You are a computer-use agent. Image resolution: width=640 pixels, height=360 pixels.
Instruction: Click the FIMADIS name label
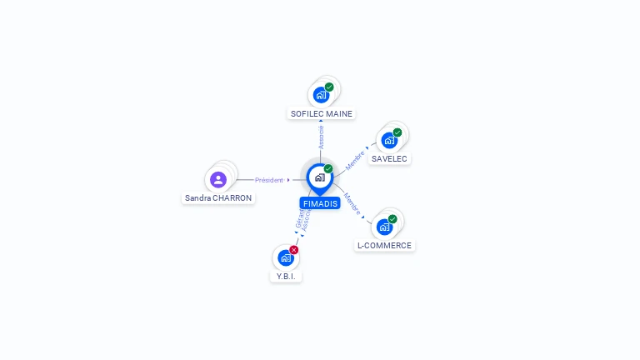[x=320, y=203]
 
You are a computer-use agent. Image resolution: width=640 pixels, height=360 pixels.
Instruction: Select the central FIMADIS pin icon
[x=319, y=177]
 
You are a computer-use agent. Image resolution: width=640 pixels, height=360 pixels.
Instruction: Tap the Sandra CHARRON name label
[x=218, y=198]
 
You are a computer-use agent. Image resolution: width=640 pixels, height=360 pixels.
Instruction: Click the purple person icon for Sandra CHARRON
[x=218, y=179]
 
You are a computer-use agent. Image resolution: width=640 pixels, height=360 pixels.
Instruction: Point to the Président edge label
[x=269, y=180]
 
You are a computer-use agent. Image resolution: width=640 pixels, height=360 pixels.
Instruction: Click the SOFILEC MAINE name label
[x=322, y=113]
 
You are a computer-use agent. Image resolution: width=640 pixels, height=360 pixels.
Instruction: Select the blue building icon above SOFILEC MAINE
[x=321, y=95]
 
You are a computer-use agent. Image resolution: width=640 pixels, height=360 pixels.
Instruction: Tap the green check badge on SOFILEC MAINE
[x=329, y=87]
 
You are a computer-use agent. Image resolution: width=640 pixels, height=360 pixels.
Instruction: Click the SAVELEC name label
[x=390, y=158]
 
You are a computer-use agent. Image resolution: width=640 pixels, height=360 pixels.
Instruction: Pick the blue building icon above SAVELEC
[x=389, y=140]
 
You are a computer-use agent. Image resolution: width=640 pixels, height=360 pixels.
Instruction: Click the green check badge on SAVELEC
[x=397, y=132]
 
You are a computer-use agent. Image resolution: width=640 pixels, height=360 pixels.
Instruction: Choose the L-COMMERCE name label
[x=384, y=246]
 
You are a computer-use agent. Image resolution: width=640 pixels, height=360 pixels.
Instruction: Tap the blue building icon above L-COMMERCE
[x=384, y=227]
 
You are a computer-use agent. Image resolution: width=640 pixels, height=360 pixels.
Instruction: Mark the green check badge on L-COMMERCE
[x=392, y=219]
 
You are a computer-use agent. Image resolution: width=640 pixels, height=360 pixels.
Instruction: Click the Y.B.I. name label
[x=286, y=276]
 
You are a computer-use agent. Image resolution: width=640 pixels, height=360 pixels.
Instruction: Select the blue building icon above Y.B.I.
[x=286, y=257]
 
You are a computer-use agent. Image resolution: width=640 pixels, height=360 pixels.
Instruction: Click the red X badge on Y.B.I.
[x=294, y=250]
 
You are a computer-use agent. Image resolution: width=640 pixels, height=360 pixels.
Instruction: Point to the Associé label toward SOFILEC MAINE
[x=321, y=137]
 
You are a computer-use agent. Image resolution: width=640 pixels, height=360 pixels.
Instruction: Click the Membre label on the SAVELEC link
[x=355, y=160]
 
